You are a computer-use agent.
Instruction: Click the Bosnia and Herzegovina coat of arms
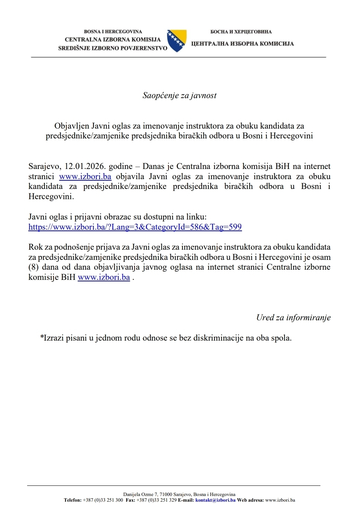tap(177, 41)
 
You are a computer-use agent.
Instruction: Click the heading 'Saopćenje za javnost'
tap(179, 95)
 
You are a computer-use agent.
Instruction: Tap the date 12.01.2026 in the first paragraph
tap(85, 166)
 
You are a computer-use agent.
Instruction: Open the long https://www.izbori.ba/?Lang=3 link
tap(135, 227)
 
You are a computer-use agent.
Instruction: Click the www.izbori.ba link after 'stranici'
tap(85, 177)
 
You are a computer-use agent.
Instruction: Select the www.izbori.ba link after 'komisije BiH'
tap(104, 277)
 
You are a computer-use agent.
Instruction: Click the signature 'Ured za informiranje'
tap(293, 318)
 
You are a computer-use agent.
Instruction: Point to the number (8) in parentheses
tap(34, 267)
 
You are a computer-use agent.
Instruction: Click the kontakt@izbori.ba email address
tap(215, 500)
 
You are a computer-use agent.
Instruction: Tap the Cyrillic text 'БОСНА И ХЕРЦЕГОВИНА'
tap(241, 32)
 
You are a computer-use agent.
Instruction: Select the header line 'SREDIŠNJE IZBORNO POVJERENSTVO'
tap(113, 48)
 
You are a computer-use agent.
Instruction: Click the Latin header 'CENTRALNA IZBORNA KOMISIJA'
tap(113, 40)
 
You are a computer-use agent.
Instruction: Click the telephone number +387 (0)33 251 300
tap(103, 500)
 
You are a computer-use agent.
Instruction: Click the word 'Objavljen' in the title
tap(71, 126)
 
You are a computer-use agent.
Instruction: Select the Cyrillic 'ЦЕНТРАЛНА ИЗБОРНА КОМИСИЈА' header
tap(242, 44)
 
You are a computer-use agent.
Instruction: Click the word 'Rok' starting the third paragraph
tap(35, 247)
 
